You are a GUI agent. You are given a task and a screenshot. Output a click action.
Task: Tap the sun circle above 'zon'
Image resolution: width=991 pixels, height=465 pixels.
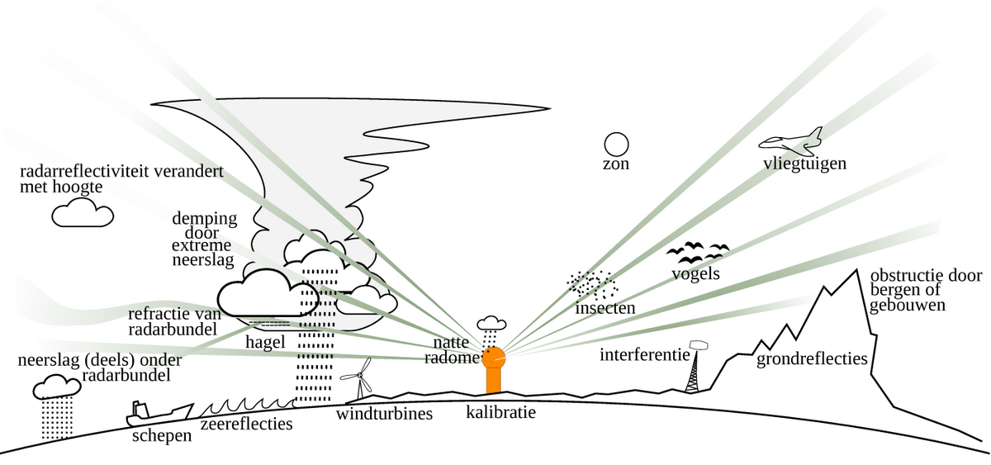coord(616,145)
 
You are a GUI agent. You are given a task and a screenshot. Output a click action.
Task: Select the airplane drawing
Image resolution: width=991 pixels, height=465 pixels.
coord(792,142)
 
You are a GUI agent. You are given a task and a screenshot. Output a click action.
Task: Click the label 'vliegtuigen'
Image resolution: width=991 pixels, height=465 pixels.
coord(804,164)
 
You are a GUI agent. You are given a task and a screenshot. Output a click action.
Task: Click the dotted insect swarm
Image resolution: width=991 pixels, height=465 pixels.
coord(593,285)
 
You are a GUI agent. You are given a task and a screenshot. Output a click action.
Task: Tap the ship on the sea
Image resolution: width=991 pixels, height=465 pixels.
coord(159,412)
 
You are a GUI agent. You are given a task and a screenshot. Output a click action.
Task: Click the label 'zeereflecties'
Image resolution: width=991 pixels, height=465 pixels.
coord(247,425)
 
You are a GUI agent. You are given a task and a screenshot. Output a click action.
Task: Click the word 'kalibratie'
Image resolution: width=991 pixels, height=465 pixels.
coord(500,411)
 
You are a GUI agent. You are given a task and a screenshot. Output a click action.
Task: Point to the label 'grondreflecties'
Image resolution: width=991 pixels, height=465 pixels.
coord(812,359)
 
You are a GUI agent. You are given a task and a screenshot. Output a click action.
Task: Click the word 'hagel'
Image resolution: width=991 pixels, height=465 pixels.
coord(265,341)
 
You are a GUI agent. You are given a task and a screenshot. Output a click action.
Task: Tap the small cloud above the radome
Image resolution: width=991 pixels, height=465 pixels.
coord(492,322)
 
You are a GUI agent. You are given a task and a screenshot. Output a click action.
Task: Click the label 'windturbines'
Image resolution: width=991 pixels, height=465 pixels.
coord(384,413)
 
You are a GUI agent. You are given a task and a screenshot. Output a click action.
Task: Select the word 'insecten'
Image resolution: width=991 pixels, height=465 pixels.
coord(605,308)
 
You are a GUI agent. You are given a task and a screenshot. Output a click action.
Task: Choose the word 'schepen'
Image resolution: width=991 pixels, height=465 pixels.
coord(162,434)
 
